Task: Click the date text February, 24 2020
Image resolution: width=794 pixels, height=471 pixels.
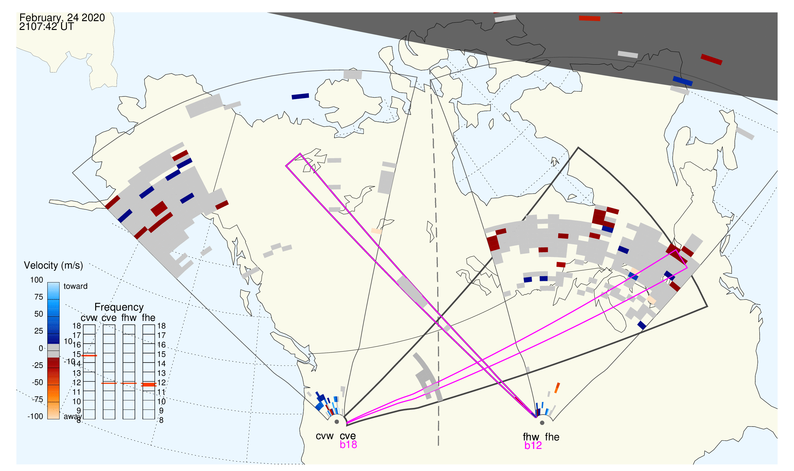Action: coord(62,18)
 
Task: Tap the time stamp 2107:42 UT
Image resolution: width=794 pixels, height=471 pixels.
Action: coord(47,27)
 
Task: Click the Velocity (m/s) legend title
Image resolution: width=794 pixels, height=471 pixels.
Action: coord(54,266)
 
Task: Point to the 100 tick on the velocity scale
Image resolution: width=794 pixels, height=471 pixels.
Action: coord(37,280)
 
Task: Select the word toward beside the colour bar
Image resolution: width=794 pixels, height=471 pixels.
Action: coord(76,287)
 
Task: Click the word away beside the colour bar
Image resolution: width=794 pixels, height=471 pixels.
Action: coord(73,417)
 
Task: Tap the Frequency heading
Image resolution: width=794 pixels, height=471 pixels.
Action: coord(119,308)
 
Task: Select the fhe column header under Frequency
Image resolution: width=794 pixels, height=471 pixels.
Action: coord(149,318)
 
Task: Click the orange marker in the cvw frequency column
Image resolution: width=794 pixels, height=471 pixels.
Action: coord(90,356)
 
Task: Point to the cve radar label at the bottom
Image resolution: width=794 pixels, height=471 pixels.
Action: coord(348,436)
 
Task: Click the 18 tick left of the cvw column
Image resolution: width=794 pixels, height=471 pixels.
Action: coord(77,326)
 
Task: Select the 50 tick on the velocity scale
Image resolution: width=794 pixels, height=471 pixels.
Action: coord(39,314)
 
